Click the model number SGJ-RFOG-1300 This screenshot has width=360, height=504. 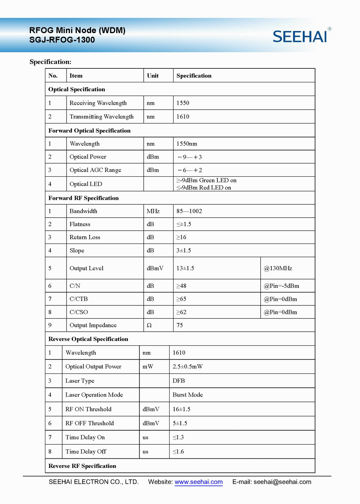tap(62, 40)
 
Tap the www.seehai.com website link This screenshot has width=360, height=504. tap(198, 482)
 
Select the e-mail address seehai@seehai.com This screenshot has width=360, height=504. tap(282, 482)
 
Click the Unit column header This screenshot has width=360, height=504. tap(153, 76)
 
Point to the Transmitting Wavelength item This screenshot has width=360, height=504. tap(102, 117)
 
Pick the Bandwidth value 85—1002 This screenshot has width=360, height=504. tap(189, 211)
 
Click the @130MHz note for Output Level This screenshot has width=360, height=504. tap(278, 268)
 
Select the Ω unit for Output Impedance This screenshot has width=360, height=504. tap(149, 325)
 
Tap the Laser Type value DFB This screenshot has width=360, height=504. tap(179, 381)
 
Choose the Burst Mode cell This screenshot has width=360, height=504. tap(188, 395)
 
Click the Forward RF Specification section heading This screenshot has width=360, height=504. tap(84, 198)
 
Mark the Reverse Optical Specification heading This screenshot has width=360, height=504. tap(88, 339)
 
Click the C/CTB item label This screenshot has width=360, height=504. tap(78, 299)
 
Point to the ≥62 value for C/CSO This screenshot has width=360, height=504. tap(181, 312)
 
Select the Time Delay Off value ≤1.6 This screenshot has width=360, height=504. tap(178, 451)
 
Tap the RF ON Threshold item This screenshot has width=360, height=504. tap(88, 409)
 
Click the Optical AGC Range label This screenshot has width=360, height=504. tap(95, 170)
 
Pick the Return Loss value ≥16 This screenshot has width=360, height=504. tap(181, 237)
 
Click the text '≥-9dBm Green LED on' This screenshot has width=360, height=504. tap(206, 180)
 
